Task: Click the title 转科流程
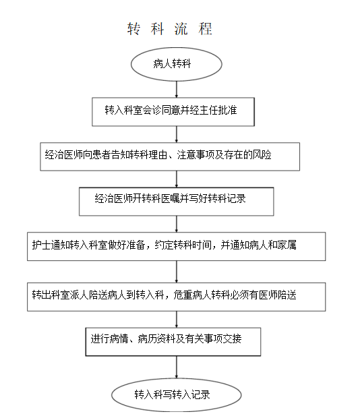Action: tap(170, 29)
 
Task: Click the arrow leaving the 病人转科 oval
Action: tap(176, 89)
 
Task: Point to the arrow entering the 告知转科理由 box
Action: tap(176, 134)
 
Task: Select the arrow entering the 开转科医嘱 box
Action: tap(176, 179)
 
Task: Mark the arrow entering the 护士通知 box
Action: tap(176, 224)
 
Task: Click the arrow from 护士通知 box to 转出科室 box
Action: tap(176, 272)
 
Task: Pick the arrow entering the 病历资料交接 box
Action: tap(176, 320)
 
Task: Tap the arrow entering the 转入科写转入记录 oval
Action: tap(176, 367)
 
